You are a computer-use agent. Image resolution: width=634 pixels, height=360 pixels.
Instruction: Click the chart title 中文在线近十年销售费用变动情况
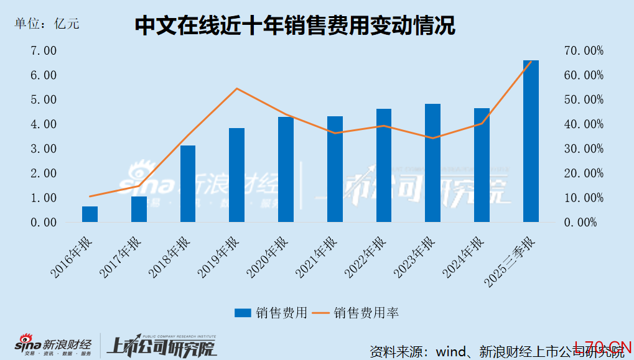coord(295,25)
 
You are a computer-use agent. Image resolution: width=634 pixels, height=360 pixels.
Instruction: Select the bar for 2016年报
coord(90,214)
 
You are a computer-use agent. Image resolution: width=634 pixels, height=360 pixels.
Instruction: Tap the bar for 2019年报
coord(237,175)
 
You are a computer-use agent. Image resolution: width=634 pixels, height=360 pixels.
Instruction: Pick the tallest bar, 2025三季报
coord(531,141)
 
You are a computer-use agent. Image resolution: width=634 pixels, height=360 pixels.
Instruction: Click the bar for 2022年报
coord(384,165)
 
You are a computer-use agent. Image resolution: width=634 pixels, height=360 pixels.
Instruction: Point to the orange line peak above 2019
coord(237,88)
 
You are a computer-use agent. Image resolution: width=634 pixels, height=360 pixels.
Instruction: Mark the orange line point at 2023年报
coord(433,138)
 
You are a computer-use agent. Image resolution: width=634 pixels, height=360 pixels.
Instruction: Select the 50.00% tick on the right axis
coord(584,99)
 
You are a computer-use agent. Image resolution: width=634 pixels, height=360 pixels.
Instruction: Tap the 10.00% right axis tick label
coord(584,198)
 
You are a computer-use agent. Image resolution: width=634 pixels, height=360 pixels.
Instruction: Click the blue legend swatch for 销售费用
coord(243,313)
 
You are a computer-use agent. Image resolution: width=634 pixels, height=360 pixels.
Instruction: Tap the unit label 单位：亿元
coord(47,24)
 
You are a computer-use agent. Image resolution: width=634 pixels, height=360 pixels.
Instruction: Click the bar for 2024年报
coord(482,165)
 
